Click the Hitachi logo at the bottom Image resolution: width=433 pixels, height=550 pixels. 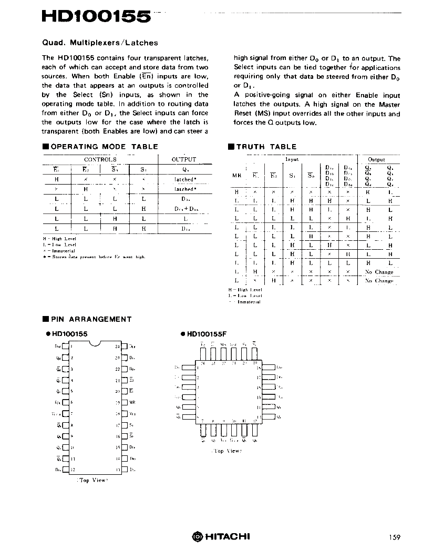[220, 536]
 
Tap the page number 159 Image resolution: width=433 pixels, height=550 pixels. [395, 537]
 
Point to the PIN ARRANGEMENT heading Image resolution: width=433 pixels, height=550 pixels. [91, 319]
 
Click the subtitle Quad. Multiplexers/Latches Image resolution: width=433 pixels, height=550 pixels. [100, 43]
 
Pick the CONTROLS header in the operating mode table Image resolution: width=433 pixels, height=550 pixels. [100, 159]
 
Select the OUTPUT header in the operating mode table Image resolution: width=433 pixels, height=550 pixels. [184, 159]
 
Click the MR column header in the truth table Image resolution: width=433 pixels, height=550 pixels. [236, 175]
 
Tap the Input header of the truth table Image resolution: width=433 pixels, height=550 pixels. [292, 159]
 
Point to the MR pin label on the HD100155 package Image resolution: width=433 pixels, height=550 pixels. [132, 402]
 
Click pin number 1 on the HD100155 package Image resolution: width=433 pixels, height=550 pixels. [71, 346]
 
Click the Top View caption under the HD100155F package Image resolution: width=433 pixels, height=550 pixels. [226, 451]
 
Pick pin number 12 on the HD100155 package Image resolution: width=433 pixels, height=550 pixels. [73, 469]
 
